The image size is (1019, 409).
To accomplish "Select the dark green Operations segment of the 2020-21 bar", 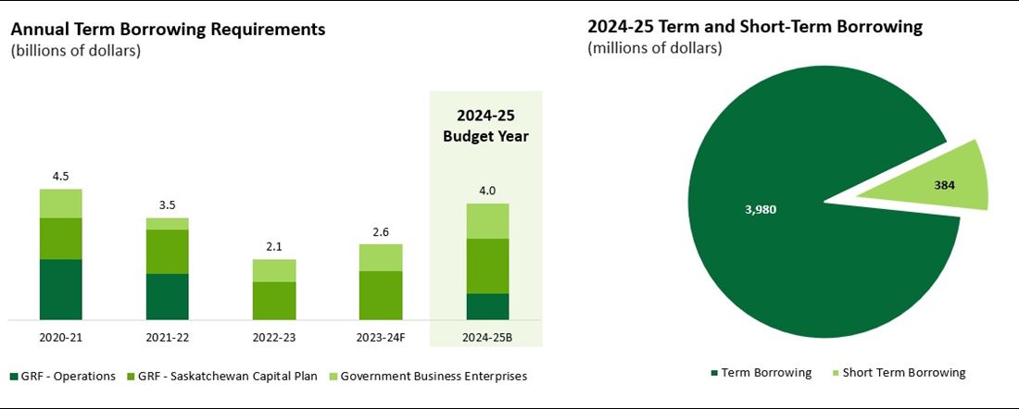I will tap(61, 290).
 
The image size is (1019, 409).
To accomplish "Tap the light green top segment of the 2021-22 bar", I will tap(168, 224).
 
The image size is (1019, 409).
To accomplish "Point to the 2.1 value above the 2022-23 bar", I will tap(274, 248).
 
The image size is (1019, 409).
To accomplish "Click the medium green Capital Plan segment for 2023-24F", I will tap(381, 295).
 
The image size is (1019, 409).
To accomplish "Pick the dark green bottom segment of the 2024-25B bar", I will tap(487, 306).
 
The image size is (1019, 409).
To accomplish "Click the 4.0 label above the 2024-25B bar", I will tap(487, 192).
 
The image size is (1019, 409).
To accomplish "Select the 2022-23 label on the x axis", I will tap(274, 338).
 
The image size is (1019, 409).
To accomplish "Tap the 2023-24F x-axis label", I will tap(381, 338).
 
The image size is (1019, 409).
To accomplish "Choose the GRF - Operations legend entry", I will tap(63, 376).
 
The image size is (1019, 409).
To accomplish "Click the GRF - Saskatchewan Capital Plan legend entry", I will tap(228, 376).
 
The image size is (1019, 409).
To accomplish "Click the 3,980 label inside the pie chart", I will tap(759, 209).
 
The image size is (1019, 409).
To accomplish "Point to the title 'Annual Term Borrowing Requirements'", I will tap(168, 29).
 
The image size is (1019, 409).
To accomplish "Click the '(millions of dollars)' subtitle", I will tap(654, 48).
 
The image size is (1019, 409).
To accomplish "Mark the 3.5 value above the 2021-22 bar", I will tap(168, 206).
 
